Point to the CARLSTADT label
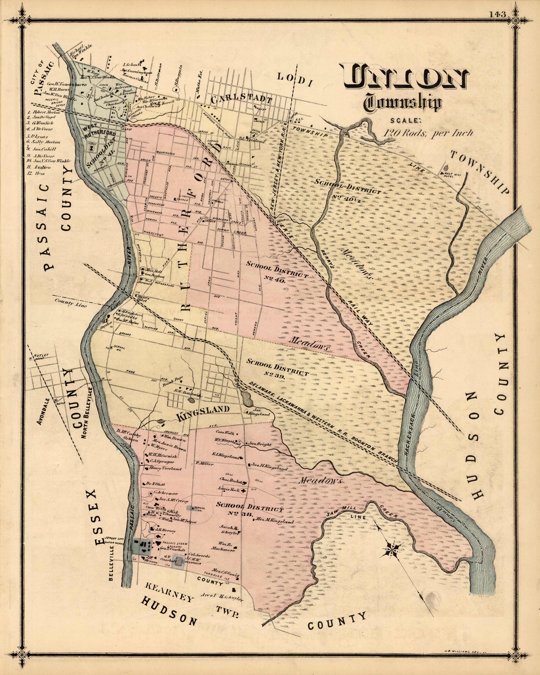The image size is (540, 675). [x=241, y=100]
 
